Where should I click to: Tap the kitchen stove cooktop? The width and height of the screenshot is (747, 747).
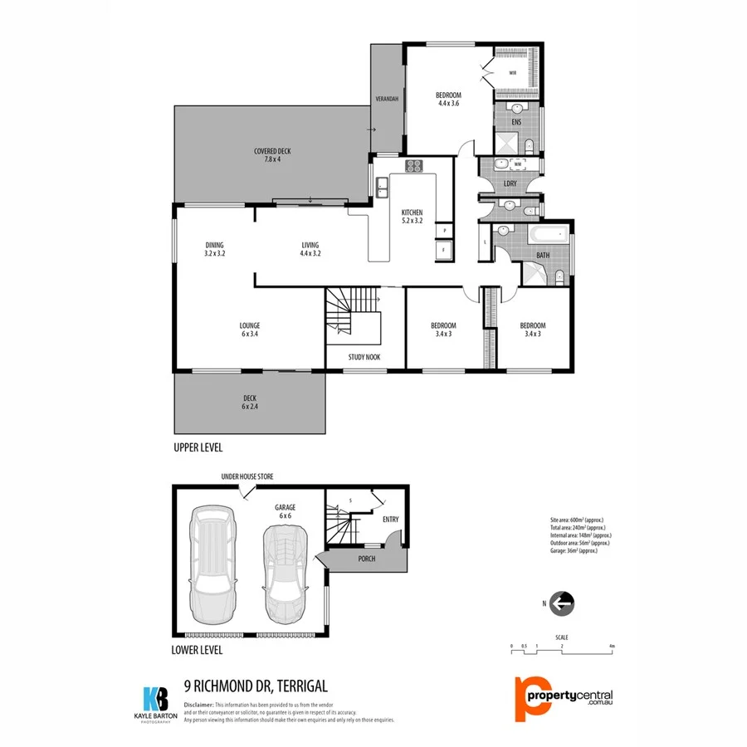tap(414, 166)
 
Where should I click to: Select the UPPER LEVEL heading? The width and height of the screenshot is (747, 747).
tap(198, 447)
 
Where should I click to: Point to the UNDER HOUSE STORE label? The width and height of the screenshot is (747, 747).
tap(247, 477)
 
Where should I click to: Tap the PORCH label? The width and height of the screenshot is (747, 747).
tap(367, 559)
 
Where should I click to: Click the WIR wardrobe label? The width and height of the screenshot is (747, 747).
tap(513, 73)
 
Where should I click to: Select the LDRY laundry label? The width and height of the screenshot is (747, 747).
tap(510, 183)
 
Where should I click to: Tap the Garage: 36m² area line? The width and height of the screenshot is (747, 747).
tap(574, 551)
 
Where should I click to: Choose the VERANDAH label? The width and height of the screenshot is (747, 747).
tap(387, 99)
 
